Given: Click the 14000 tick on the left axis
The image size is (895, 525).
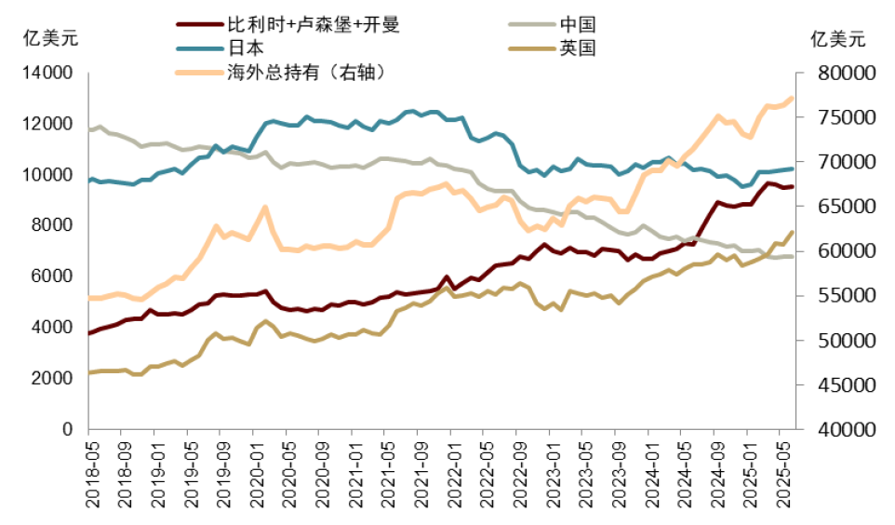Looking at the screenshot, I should click(47, 73).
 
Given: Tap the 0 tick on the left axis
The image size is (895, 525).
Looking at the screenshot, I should click(68, 429).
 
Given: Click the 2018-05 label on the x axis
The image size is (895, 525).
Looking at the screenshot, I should click(91, 477).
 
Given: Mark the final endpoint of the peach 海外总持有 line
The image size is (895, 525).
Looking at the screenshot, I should click(793, 97).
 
